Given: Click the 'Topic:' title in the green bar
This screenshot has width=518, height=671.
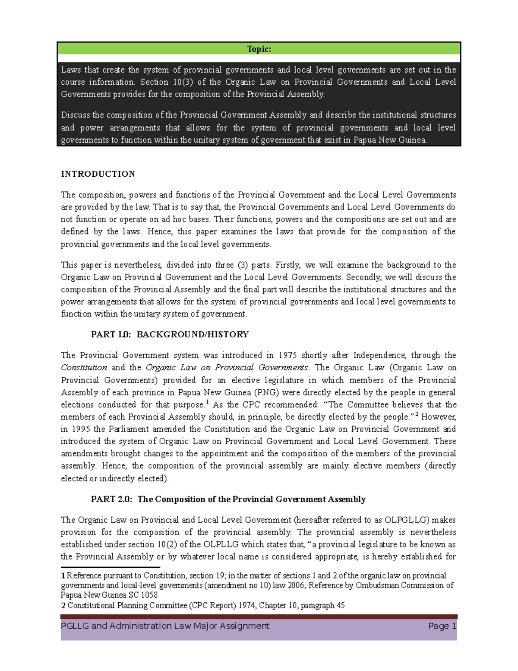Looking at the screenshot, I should coord(259,49).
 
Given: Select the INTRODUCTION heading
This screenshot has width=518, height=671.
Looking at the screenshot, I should coord(98,174).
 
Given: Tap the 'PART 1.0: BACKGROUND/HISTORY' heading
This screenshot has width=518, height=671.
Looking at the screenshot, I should coord(170,334).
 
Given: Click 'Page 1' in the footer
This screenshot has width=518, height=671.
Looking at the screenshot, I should coord(442,626).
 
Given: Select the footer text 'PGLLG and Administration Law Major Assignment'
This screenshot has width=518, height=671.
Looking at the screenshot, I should coord(165,626).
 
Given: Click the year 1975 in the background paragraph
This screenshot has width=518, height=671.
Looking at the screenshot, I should coord(287,356).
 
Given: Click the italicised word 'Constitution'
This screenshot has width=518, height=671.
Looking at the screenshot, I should coord(84,368).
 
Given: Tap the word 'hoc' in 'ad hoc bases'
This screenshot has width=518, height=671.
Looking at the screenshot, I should coord(180,219).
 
